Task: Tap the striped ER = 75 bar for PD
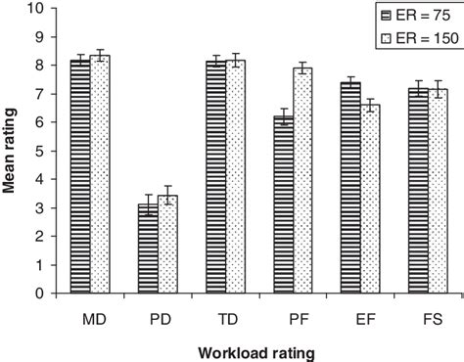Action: coord(147,249)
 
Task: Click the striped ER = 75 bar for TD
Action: coord(214,177)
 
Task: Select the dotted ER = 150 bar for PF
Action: coord(302,181)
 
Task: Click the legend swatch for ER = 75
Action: coord(389,15)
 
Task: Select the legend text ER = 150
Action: coord(429,37)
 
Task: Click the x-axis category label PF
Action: coord(292,319)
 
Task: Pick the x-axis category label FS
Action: coord(428,319)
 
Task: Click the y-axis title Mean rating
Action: coord(11,151)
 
